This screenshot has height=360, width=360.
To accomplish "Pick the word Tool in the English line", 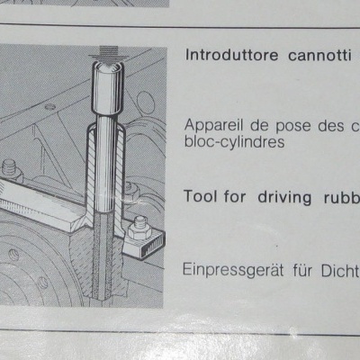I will pyautogui.click(x=200, y=197).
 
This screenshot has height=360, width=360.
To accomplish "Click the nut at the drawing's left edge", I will pyautogui.click(x=11, y=167).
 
